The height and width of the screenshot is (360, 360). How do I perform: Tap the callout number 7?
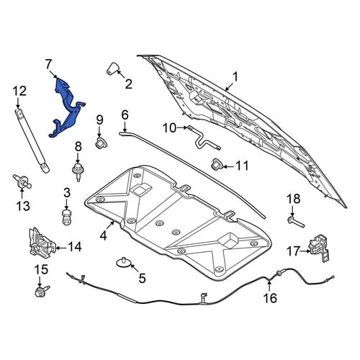tap(48, 65)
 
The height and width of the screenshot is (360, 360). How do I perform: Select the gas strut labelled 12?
tap(32, 140)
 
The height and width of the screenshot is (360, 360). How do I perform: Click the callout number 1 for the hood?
tap(235, 77)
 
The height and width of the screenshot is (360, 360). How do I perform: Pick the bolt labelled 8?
tap(77, 172)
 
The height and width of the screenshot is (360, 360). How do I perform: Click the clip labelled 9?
tap(101, 143)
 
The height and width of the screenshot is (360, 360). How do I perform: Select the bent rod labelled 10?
tap(204, 139)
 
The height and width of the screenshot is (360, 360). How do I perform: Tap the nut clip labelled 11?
tap(217, 163)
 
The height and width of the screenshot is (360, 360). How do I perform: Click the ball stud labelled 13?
tap(22, 181)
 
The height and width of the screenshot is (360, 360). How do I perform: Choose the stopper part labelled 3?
tap(66, 217)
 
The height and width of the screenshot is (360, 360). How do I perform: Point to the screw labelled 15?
tap(42, 291)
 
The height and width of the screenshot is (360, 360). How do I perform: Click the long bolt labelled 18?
tap(296, 222)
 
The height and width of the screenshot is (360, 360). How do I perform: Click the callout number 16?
tap(270, 298)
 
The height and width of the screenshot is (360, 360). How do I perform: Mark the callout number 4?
tap(103, 235)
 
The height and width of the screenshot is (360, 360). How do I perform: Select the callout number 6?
tap(125, 115)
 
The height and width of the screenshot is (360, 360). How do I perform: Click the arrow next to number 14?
tap(60, 248)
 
